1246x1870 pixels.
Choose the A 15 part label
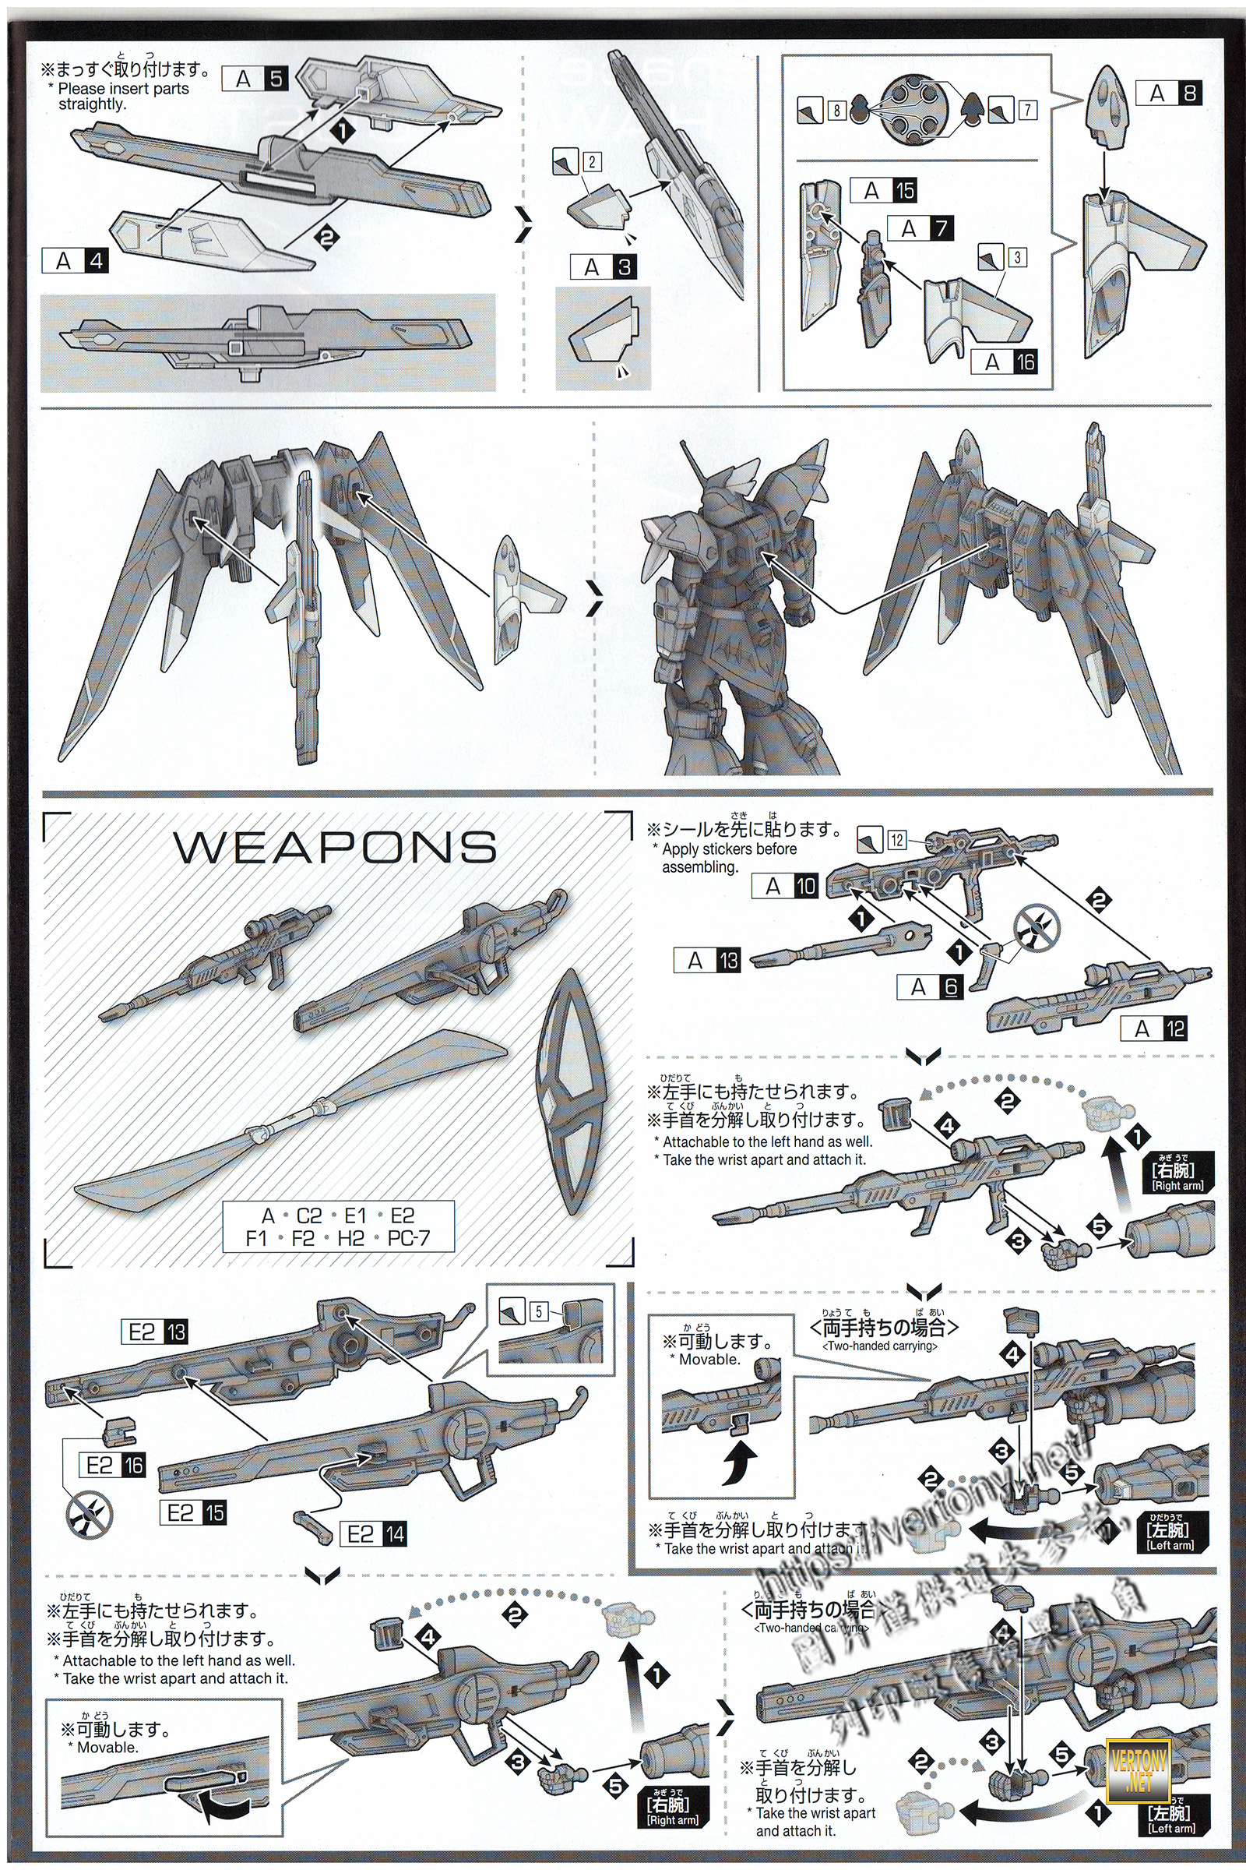click(x=884, y=191)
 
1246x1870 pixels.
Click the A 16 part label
click(x=1005, y=362)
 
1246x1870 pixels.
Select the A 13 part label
click(x=707, y=961)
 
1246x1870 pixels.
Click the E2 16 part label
click(x=112, y=1466)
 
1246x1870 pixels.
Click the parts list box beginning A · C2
click(x=338, y=1226)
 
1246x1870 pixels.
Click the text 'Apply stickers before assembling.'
click(x=728, y=858)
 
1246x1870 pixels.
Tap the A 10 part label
click(x=785, y=886)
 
